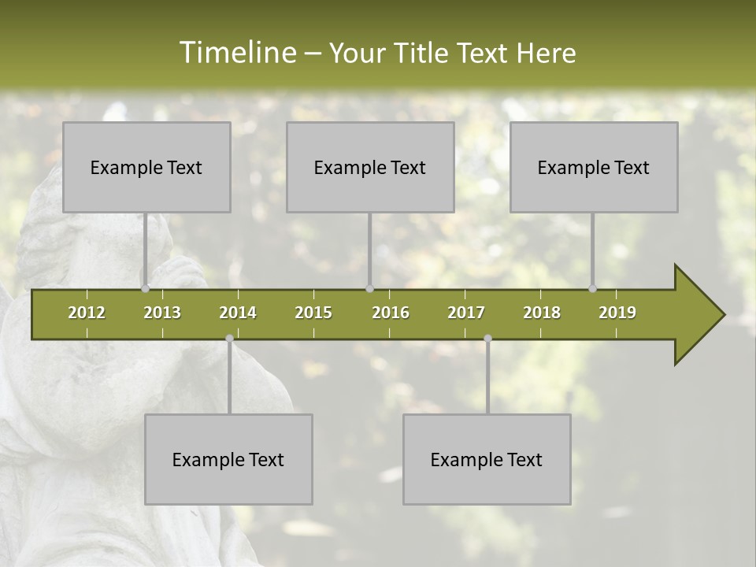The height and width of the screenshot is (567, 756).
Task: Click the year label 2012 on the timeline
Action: click(87, 313)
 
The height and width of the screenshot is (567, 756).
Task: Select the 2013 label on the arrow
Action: click(162, 313)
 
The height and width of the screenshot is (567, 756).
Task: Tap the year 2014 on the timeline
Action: click(238, 313)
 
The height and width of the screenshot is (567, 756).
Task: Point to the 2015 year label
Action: click(313, 313)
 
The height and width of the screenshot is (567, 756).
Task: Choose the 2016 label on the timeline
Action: click(391, 313)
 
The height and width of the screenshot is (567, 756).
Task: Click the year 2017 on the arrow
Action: click(466, 313)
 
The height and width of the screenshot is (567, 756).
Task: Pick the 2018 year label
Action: click(542, 313)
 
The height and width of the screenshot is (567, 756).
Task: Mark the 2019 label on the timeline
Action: click(617, 313)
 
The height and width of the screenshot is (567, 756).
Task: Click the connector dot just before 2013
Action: click(145, 289)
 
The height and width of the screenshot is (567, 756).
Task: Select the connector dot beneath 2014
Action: click(229, 339)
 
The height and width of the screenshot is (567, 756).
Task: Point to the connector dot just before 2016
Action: click(369, 289)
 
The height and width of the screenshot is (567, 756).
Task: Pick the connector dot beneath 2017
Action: click(487, 339)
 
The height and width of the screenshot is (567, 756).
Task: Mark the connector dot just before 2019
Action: click(593, 289)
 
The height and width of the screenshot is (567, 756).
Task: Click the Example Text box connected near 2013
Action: click(146, 167)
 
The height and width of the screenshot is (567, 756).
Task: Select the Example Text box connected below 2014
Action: click(228, 459)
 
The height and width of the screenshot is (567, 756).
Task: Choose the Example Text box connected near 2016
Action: click(370, 167)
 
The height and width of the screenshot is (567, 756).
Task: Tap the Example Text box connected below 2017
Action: click(487, 459)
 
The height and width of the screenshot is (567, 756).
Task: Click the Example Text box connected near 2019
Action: click(594, 167)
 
